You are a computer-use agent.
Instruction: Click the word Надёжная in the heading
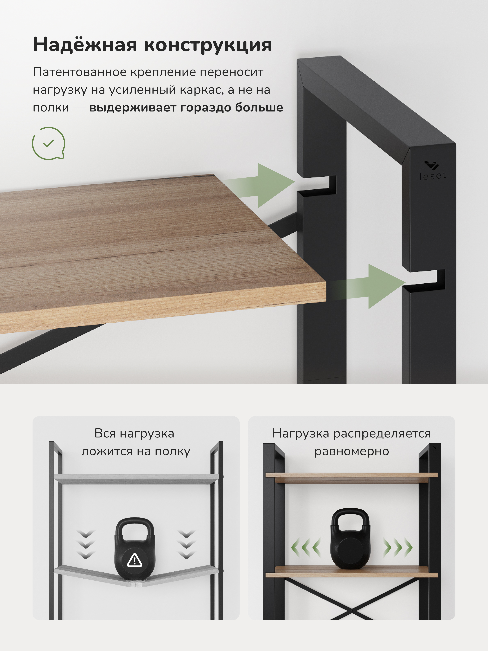click(x=85, y=45)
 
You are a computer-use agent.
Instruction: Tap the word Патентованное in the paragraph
click(x=79, y=72)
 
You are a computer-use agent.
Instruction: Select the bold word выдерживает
click(x=132, y=108)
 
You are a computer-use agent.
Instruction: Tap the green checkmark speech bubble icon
click(x=48, y=144)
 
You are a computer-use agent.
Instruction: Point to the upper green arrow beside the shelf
click(x=265, y=185)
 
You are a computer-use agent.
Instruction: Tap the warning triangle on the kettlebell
click(x=134, y=560)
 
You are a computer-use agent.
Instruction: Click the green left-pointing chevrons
click(x=306, y=547)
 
